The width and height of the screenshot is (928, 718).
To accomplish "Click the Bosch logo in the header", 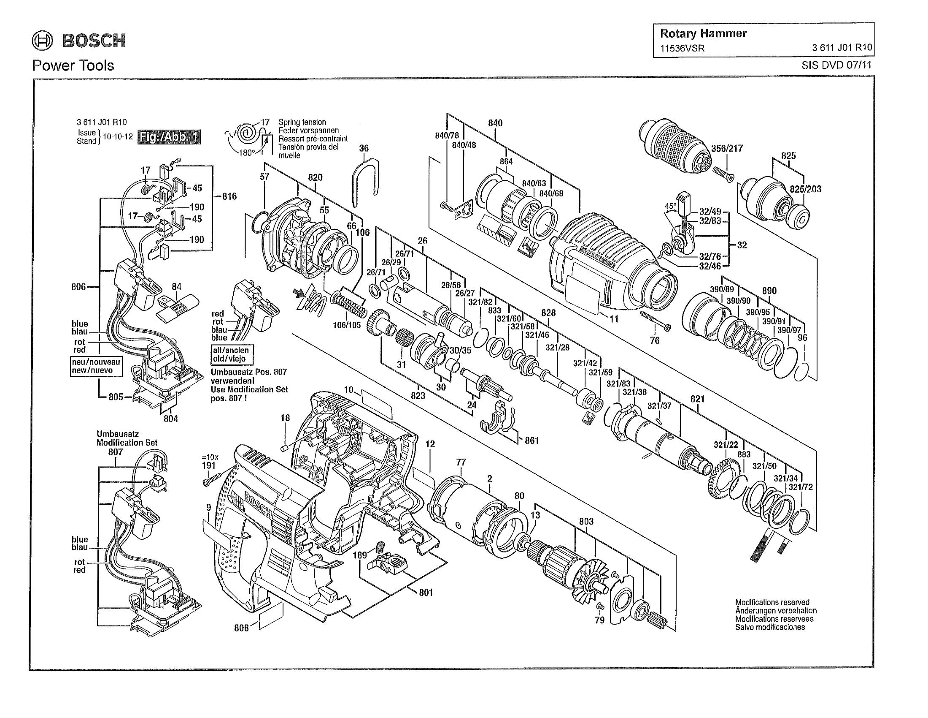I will [x=79, y=41].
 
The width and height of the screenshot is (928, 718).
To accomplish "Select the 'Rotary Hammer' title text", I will [x=703, y=34].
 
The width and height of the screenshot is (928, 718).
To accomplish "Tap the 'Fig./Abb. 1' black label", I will [x=169, y=137].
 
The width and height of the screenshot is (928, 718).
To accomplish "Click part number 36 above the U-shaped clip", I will [x=364, y=148].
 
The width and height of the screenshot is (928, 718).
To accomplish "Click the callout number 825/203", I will [x=805, y=189].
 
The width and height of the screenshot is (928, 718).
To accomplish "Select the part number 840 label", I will [x=495, y=123].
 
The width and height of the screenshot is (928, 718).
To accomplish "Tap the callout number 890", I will [x=769, y=291].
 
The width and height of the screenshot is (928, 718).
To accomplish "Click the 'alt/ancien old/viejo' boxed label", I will [x=232, y=354].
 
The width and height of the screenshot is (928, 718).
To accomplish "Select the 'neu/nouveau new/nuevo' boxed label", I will [x=97, y=366].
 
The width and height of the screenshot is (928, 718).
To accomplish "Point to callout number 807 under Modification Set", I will [x=115, y=452].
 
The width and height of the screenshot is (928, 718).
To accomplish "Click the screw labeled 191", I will [x=212, y=479].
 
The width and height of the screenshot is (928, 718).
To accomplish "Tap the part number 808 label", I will [x=241, y=628].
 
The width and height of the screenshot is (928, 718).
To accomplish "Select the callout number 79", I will [x=599, y=620].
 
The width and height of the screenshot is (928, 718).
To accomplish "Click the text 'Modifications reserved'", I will [x=772, y=602].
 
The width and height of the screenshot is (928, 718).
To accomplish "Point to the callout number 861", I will [x=531, y=440].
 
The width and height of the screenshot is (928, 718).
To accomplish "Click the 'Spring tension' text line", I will [x=302, y=122].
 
